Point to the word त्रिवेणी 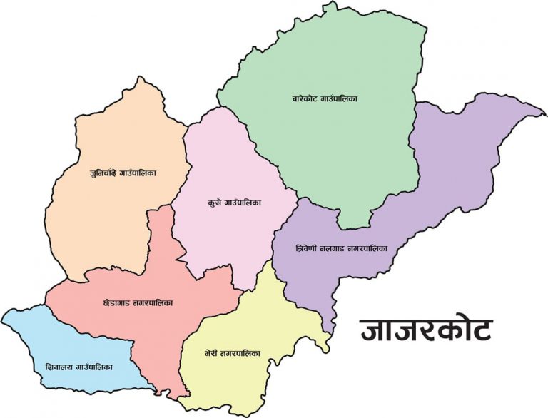pos(308,250)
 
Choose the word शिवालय pos(59,367)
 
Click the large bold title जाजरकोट pos(425,330)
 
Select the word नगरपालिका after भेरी pos(243,353)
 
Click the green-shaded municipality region pos(328,143)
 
